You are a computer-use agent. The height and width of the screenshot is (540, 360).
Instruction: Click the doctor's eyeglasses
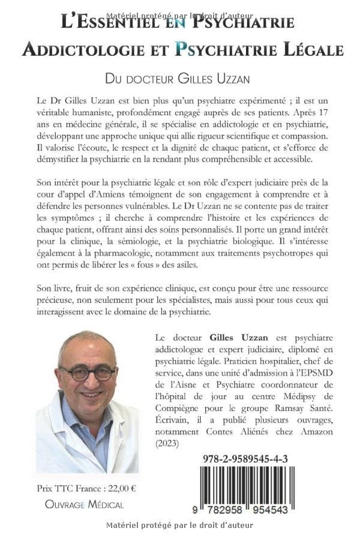(88, 373)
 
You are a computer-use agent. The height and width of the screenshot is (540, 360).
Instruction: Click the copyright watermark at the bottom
(179, 526)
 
